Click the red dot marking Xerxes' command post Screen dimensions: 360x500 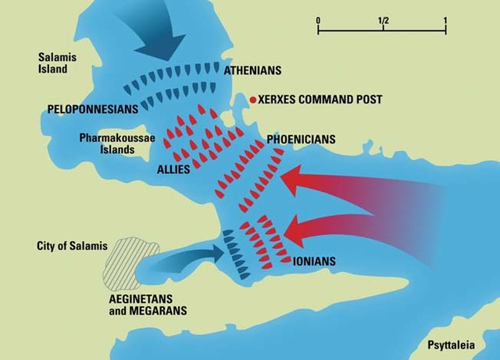pyautogui.click(x=252, y=100)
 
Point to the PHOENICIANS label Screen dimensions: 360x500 pyautogui.click(x=301, y=140)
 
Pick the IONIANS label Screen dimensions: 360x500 pyautogui.click(x=315, y=262)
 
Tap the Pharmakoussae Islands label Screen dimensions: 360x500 pyautogui.click(x=113, y=144)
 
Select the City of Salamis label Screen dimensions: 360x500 pyautogui.click(x=72, y=246)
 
